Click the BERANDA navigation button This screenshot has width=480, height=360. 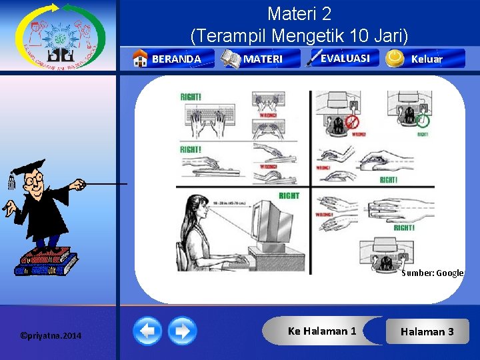[175, 59]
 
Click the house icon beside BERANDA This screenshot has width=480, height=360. [140, 59]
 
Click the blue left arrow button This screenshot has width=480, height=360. [147, 331]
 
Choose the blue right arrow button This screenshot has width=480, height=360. [182, 331]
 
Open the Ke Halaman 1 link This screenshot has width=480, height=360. [321, 331]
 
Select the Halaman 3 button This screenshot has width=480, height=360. [427, 331]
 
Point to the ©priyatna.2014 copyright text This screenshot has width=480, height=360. [51, 335]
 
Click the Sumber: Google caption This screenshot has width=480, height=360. [432, 273]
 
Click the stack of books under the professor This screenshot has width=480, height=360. [45, 261]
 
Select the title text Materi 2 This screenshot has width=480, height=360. [299, 13]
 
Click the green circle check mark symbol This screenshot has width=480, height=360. [422, 120]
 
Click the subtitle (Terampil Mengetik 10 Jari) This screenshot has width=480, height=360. [299, 34]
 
